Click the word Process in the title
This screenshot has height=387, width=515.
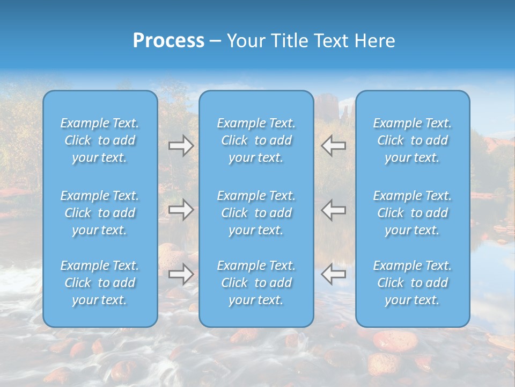[168, 41]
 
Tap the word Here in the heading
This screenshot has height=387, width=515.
[375, 41]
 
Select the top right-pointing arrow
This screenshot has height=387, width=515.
[181, 146]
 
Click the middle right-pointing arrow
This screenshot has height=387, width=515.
[181, 209]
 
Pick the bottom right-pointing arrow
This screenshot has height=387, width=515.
[181, 274]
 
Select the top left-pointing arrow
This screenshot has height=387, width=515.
[334, 146]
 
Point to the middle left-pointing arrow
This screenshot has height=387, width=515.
[334, 209]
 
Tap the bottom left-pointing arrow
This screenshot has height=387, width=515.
[334, 274]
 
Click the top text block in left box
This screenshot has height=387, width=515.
[100, 140]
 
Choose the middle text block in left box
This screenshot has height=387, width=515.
[100, 213]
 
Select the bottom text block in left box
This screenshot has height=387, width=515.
[100, 283]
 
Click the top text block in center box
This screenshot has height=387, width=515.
[256, 140]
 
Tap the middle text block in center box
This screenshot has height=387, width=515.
[256, 213]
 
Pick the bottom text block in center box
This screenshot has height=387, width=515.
[256, 283]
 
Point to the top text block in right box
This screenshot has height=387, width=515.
[412, 140]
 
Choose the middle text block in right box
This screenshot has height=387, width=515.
[412, 213]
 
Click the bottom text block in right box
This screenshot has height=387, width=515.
[412, 283]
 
